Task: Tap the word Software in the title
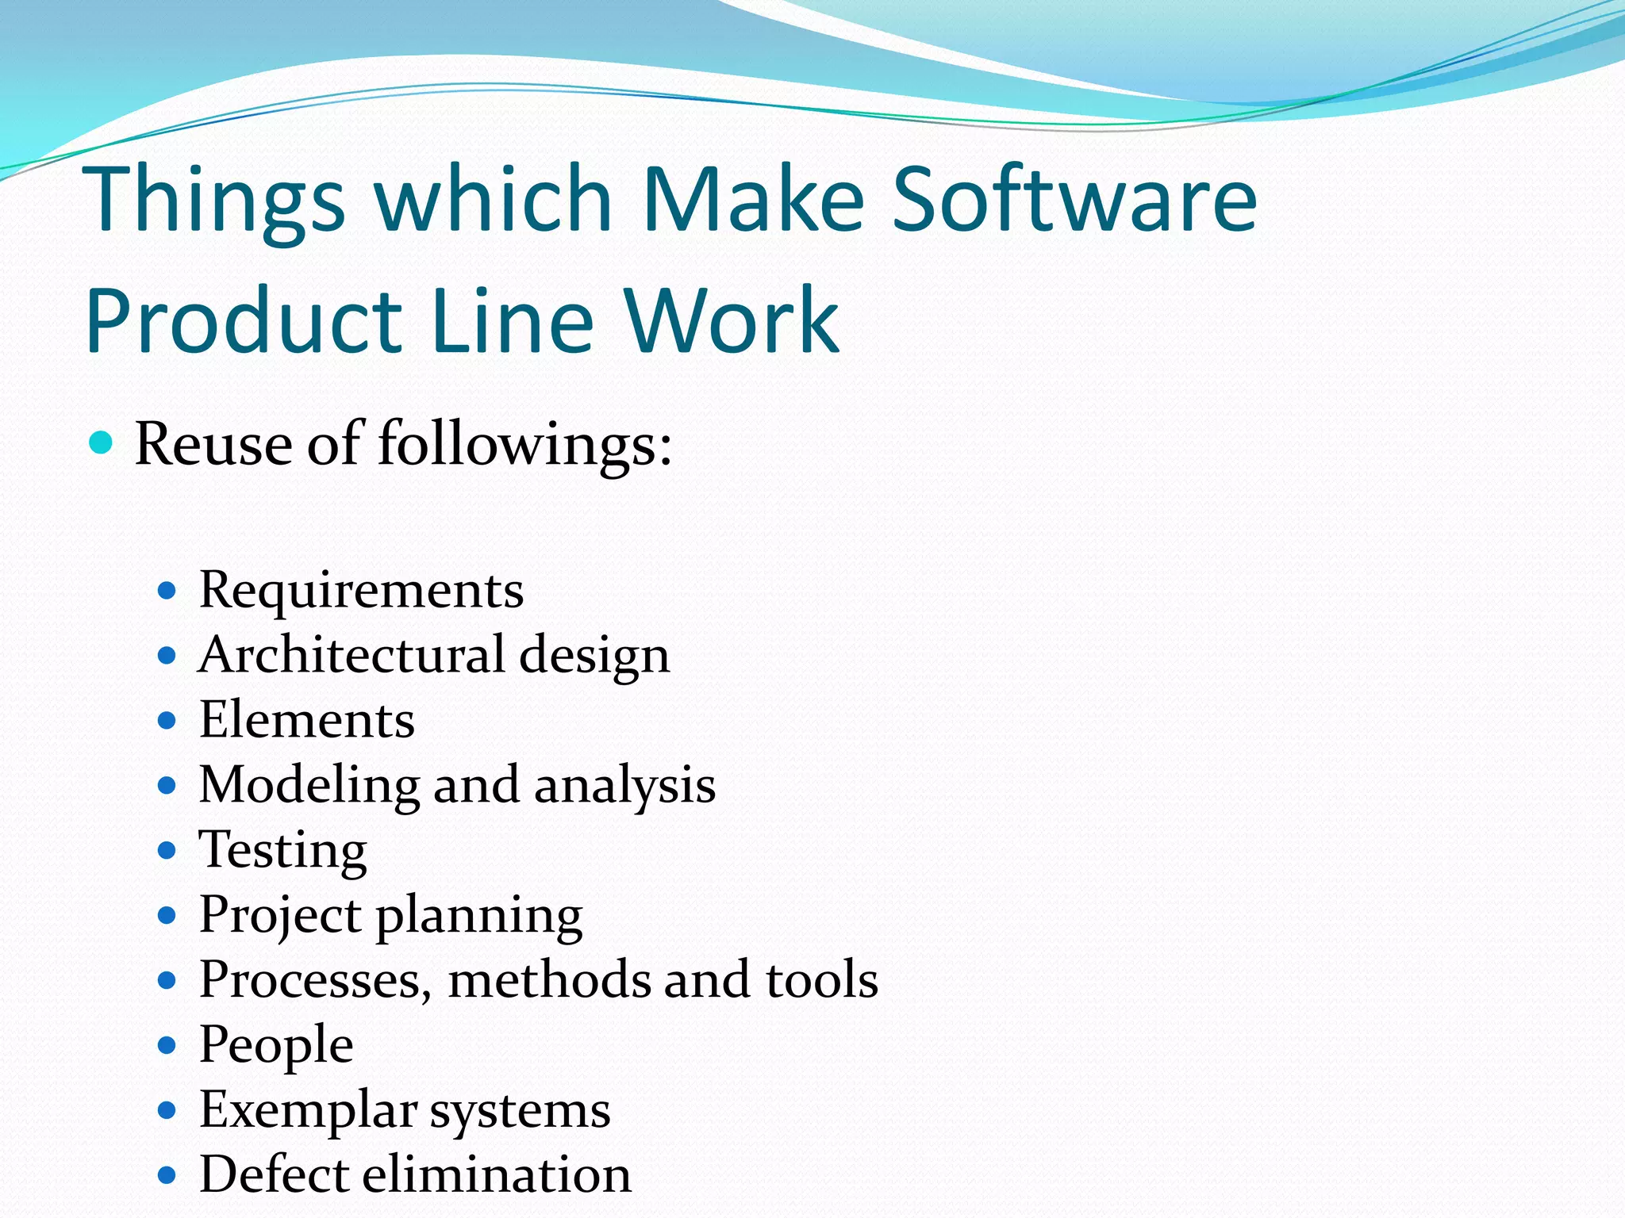click(1074, 199)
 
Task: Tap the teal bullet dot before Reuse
click(101, 442)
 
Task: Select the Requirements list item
click(361, 591)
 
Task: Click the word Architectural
click(352, 655)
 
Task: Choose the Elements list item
click(306, 720)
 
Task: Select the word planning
click(478, 917)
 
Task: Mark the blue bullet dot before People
click(167, 1046)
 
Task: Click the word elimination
click(497, 1174)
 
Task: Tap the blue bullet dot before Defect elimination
click(167, 1175)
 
